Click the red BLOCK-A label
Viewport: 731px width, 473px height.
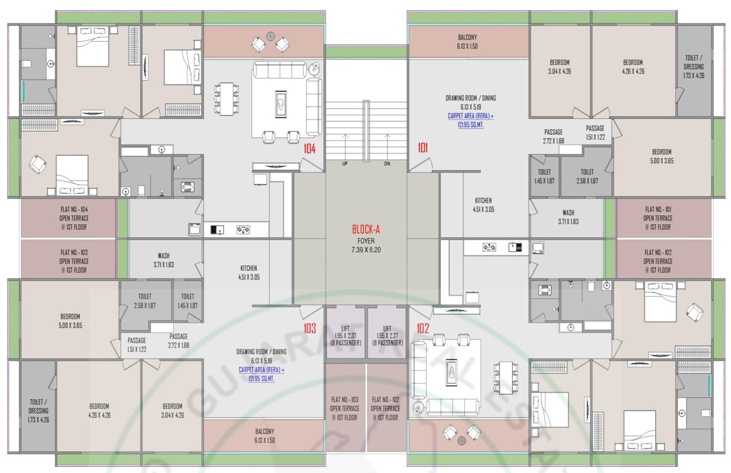coord(366,229)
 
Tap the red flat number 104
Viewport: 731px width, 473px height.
coord(309,148)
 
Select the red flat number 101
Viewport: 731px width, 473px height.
coord(423,148)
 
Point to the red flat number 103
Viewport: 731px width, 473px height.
coord(309,328)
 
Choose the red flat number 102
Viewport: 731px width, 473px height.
coord(423,328)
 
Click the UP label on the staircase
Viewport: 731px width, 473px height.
coord(345,164)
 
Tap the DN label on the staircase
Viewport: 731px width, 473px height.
coord(386,164)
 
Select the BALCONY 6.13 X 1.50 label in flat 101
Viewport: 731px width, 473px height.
coord(467,42)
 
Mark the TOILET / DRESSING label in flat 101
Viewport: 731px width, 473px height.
coord(693,67)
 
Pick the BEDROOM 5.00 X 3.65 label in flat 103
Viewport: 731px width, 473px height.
coord(70,320)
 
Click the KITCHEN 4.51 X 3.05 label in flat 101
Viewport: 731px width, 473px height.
coord(483,205)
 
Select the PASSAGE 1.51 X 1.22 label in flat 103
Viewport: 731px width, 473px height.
coord(137,345)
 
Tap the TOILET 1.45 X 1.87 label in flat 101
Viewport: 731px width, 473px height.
coord(544,176)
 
